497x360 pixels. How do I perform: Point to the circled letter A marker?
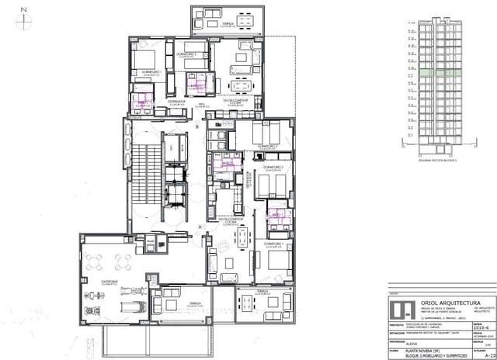coord(200,227)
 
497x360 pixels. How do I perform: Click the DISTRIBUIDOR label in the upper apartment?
coord(176,100)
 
